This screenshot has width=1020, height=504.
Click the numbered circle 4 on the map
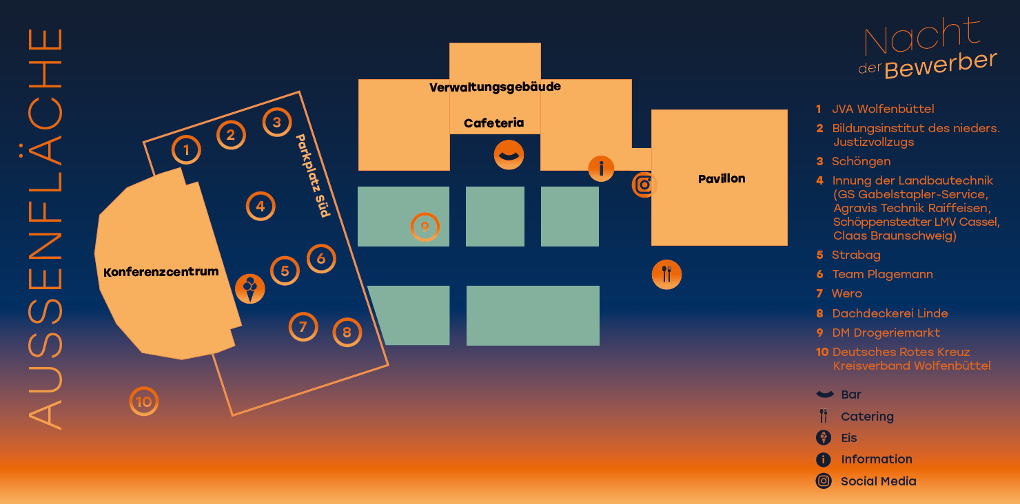[x=261, y=207]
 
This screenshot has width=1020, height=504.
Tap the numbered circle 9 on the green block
[x=425, y=227]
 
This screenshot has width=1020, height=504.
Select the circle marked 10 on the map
[x=144, y=401]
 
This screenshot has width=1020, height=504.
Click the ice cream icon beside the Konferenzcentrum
[x=250, y=288]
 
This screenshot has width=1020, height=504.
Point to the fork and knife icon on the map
[x=666, y=274]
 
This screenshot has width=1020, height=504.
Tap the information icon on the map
[x=601, y=169]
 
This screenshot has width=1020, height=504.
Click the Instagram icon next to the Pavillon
[x=644, y=185]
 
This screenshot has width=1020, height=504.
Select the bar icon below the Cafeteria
[x=509, y=155]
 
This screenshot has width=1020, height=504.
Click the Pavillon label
[x=722, y=179]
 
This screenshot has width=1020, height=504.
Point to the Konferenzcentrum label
[x=161, y=272]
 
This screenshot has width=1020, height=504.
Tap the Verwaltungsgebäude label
[x=495, y=87]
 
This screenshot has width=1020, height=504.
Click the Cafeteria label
[x=494, y=123]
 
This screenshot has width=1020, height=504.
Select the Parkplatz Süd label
[x=313, y=176]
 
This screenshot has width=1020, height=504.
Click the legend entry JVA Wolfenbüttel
[x=883, y=109]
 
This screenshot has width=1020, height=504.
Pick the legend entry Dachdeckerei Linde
[x=890, y=313]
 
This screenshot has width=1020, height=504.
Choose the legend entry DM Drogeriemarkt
[x=886, y=333]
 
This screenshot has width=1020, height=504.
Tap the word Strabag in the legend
[x=856, y=255]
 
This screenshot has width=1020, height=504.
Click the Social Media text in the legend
[x=879, y=481]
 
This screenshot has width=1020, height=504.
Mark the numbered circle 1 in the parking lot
[x=186, y=150]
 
